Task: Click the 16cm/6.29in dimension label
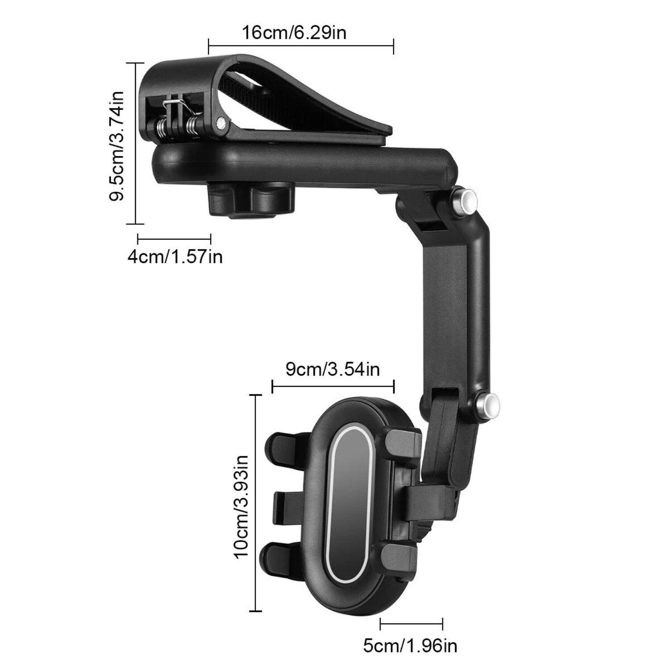coord(294,33)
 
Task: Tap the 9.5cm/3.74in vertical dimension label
coord(117,146)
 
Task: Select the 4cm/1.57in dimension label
coord(175,257)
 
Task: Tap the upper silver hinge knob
coord(464,198)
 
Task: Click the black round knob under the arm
coord(251,201)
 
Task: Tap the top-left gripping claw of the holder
coord(285,448)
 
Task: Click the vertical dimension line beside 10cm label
coord(256,503)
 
